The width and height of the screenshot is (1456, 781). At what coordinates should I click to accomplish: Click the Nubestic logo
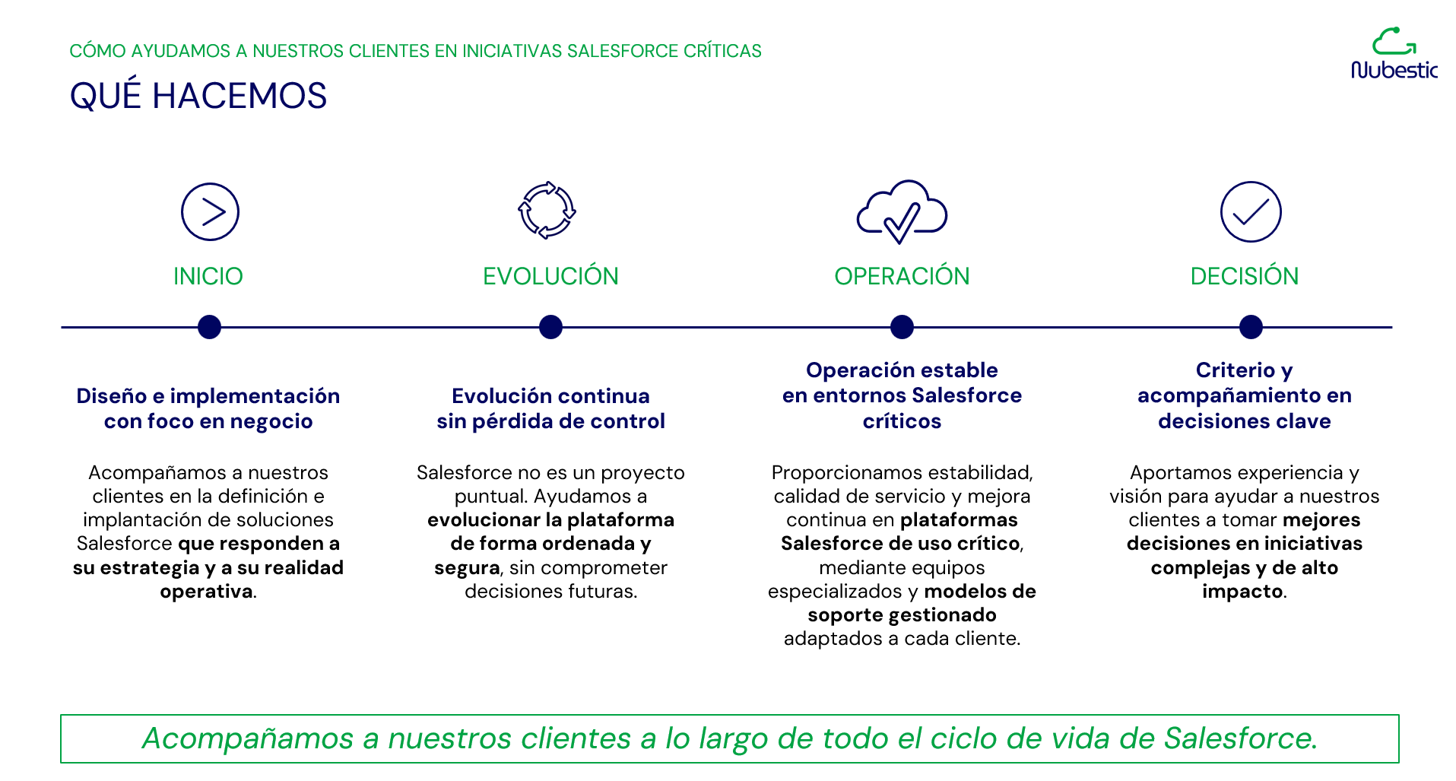(1394, 54)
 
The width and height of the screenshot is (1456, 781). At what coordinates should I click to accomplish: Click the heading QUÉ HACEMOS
(198, 96)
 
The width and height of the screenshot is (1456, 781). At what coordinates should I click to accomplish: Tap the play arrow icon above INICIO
(210, 211)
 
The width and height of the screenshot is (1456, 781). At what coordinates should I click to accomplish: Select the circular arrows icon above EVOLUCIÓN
(547, 211)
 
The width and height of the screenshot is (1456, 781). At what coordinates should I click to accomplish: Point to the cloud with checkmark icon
(902, 212)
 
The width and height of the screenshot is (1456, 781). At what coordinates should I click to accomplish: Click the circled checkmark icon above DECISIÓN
(1251, 211)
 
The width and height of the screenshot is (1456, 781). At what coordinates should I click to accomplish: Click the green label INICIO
(208, 276)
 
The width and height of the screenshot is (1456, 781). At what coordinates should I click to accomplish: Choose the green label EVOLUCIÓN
(550, 275)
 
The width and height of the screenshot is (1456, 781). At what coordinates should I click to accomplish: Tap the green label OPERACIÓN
(902, 275)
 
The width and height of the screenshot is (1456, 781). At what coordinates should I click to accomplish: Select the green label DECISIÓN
(1245, 276)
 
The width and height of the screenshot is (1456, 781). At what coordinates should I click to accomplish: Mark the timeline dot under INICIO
(209, 327)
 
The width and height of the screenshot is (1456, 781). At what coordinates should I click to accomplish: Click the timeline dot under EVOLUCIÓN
(550, 327)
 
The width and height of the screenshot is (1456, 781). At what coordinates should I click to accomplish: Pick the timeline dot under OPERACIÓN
(902, 327)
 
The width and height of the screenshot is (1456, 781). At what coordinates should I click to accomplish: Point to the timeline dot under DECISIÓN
(1251, 327)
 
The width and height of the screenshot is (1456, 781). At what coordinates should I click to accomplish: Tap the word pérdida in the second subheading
(509, 421)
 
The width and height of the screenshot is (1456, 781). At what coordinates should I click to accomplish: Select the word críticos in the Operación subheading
(902, 421)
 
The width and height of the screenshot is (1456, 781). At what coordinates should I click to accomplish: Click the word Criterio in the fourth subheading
(1236, 370)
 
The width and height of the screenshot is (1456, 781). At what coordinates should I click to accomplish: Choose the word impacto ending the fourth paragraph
(1242, 592)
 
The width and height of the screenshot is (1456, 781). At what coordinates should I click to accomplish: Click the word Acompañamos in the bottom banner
(248, 738)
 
